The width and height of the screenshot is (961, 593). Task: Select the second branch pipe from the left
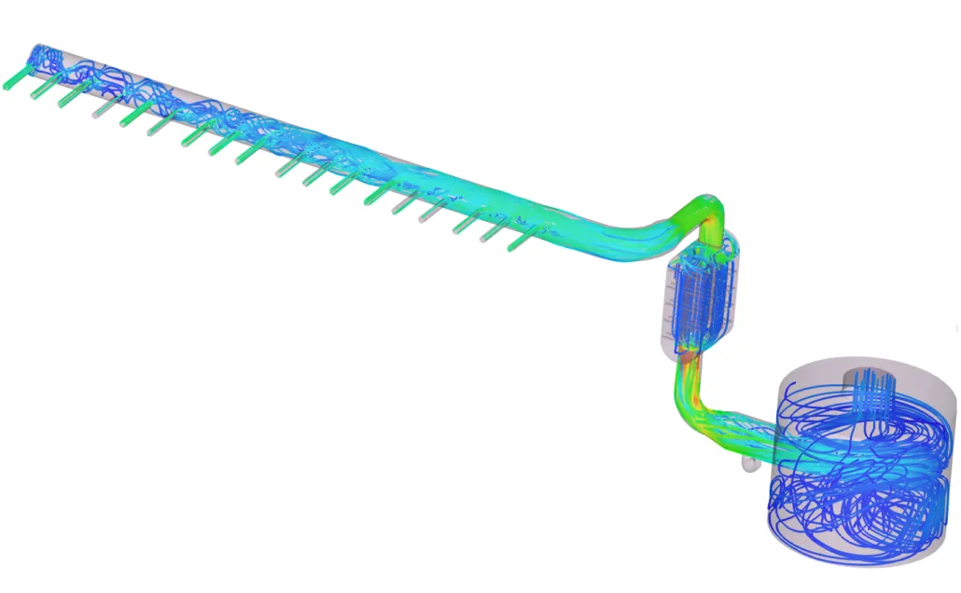point(41,86)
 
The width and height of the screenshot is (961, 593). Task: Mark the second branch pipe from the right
point(491,232)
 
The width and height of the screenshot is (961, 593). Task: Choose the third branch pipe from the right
point(465,224)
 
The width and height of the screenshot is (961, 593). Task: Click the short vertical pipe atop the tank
point(867,381)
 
